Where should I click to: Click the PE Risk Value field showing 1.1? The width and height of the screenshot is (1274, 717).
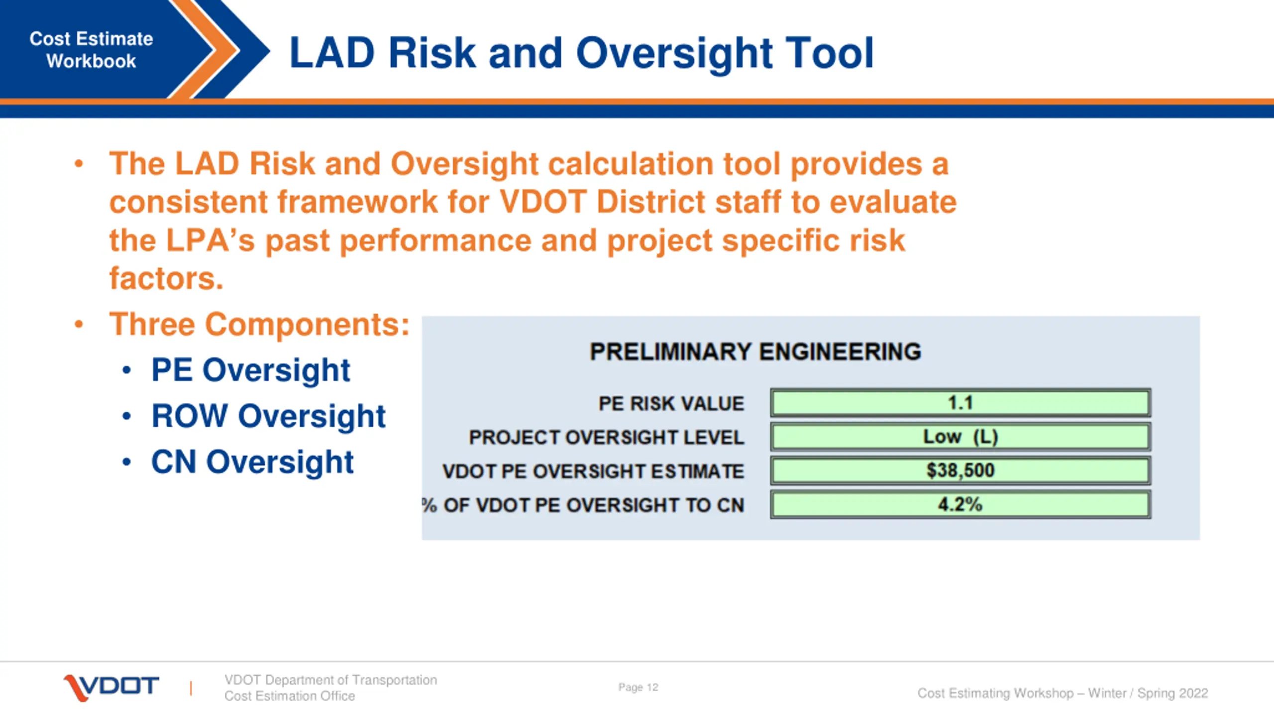pos(960,403)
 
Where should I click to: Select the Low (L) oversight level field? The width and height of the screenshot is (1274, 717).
pos(960,437)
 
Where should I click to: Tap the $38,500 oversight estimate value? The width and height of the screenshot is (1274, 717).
pos(960,471)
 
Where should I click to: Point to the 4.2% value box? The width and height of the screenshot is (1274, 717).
pos(960,504)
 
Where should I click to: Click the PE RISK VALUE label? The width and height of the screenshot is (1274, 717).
pos(671,403)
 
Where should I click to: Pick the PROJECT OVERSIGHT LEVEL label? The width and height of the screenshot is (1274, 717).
pos(606,437)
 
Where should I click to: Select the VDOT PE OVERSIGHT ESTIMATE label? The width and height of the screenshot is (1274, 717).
pos(593,471)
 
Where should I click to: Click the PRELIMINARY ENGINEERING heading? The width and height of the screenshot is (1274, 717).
pos(755,352)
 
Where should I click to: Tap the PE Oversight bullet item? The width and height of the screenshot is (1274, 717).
pos(250,370)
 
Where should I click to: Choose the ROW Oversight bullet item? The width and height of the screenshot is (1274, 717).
pos(268,416)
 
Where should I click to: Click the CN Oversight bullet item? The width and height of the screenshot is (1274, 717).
pos(252,462)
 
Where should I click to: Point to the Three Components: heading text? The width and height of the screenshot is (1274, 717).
pos(259,324)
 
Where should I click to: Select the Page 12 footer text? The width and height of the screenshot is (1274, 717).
pos(638,687)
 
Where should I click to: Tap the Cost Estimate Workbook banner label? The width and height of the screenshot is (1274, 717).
pos(91,50)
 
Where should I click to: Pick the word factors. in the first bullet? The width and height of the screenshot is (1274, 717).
pos(166,278)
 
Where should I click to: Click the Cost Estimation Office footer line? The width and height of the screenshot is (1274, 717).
pos(290,696)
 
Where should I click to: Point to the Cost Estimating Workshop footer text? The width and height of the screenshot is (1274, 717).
pos(1062,693)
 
